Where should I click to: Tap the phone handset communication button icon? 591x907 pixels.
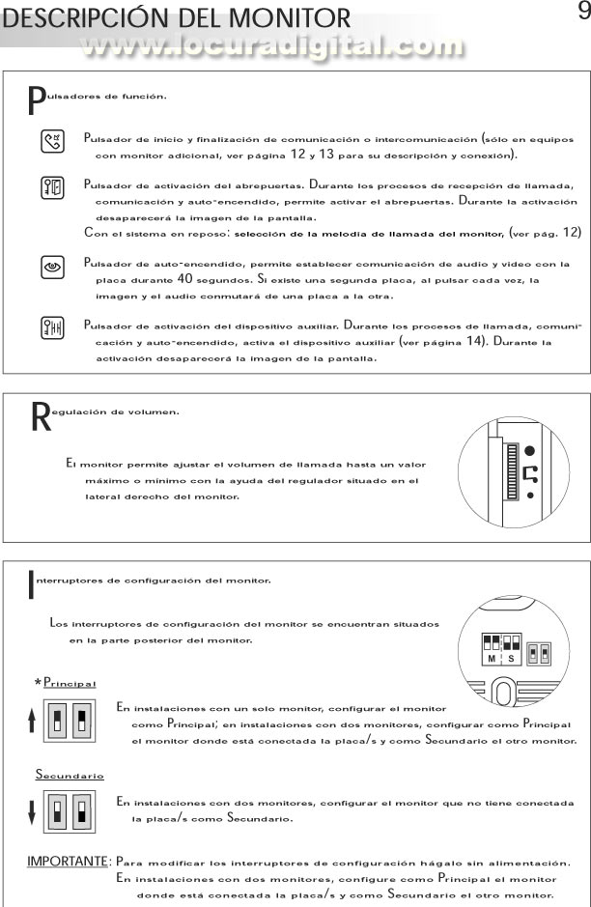pyautogui.click(x=53, y=143)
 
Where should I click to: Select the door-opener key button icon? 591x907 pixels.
pyautogui.click(x=53, y=187)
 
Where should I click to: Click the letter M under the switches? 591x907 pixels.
pyautogui.click(x=491, y=657)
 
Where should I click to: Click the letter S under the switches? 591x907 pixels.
pyautogui.click(x=511, y=657)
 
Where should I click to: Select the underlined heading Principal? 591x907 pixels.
pyautogui.click(x=70, y=683)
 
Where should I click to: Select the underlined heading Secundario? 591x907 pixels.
pyautogui.click(x=70, y=776)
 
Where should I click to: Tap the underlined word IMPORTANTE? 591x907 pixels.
pyautogui.click(x=67, y=861)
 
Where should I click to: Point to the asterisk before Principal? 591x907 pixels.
pyautogui.click(x=38, y=683)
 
